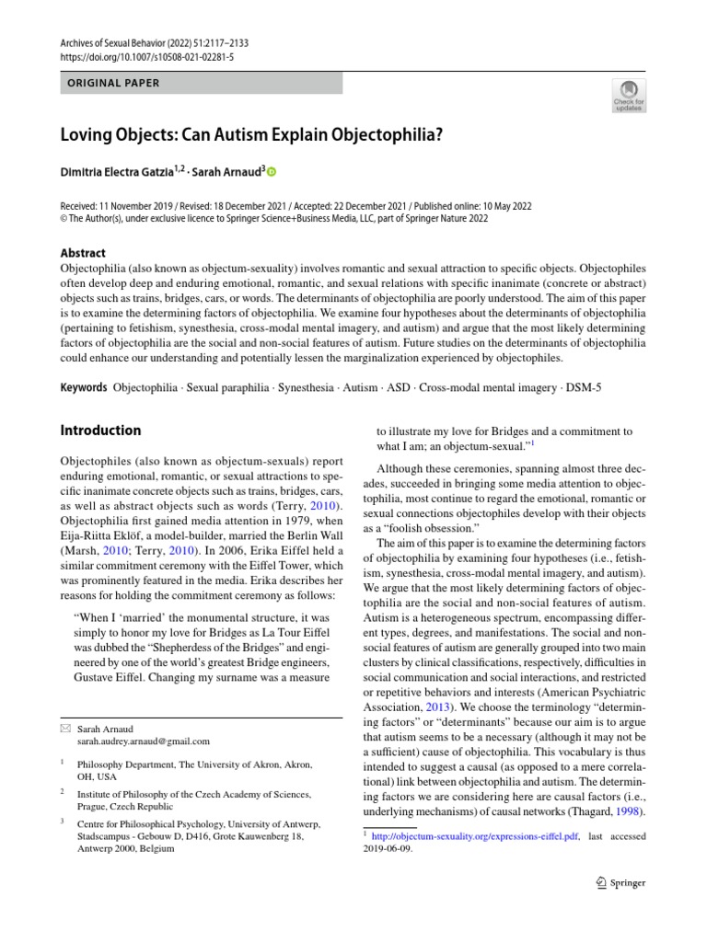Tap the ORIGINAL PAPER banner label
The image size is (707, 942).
coord(114,83)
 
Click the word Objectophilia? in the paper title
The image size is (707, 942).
coord(379,133)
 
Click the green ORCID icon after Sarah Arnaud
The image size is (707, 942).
coord(272,171)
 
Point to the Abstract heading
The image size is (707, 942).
coord(83,253)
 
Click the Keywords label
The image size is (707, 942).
coord(83,387)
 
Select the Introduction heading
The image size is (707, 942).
coord(100,431)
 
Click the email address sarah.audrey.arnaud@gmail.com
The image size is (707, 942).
coord(143,741)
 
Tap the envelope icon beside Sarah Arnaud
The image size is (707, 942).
coord(64,728)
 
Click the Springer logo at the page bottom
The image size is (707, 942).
coord(621,883)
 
